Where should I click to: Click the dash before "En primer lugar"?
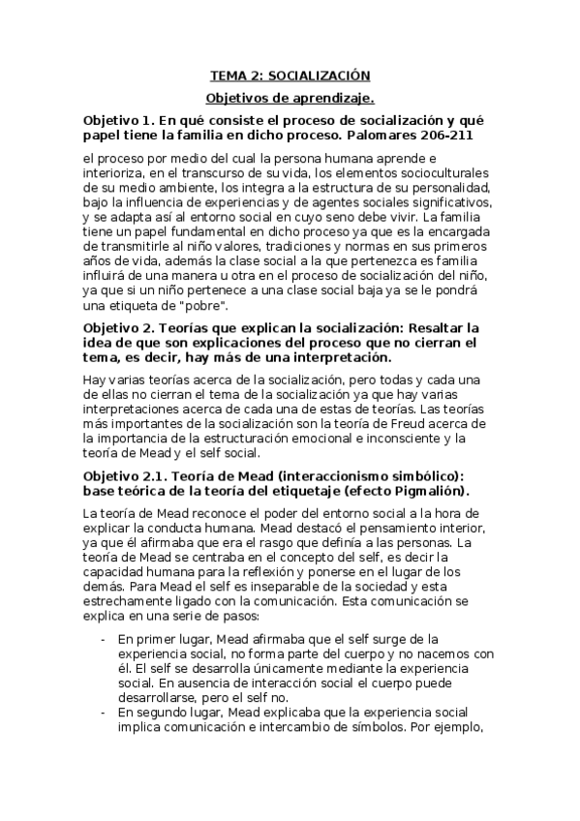pos(104,639)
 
